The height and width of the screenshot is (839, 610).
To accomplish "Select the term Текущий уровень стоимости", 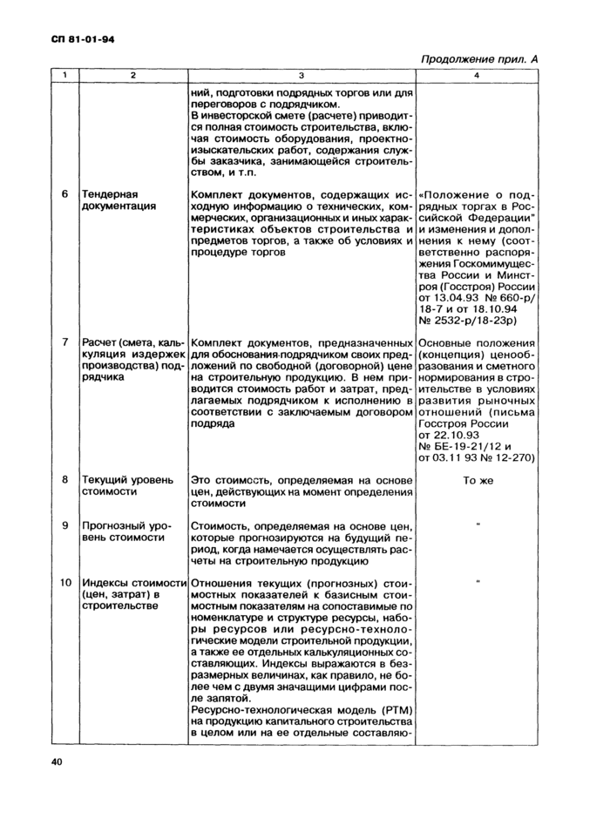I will [126, 485].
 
